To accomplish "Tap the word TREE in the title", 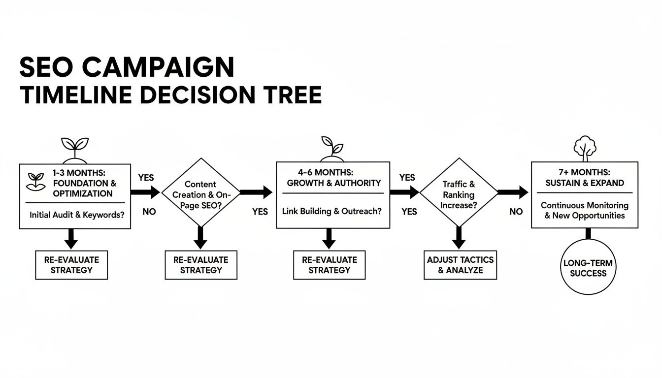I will coord(292,94).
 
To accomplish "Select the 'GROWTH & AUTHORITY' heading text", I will coord(334,183).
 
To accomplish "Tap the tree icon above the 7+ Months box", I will coord(585,148).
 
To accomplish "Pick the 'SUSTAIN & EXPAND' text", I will coord(585,183).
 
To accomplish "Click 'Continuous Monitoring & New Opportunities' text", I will coord(585,210).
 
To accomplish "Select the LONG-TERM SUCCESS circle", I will coord(588,268).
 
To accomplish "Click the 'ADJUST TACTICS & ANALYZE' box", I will coord(460,265).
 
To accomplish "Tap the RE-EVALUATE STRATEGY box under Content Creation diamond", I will coord(200,265).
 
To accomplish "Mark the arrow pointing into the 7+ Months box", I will coord(513,192).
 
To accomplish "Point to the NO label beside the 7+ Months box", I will coord(516,212).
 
